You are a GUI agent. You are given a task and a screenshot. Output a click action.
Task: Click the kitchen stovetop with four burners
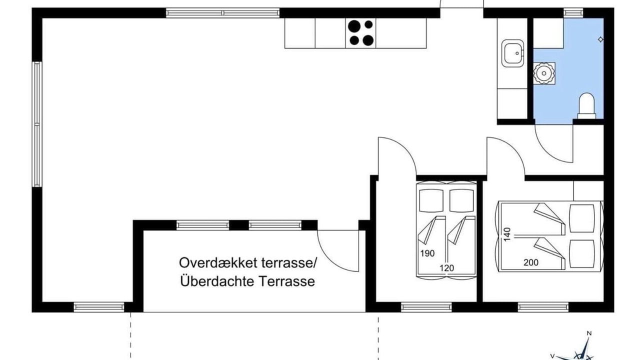(360, 33)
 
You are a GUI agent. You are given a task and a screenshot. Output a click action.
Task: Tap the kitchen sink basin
(512, 53)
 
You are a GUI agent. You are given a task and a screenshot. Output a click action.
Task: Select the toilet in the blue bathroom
(586, 105)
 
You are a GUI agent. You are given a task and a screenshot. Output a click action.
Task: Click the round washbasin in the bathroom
(544, 73)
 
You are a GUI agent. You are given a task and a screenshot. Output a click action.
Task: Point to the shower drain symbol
(600, 39)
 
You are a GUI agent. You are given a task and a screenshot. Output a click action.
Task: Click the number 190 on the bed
(427, 253)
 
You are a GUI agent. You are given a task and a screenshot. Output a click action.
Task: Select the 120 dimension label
(446, 268)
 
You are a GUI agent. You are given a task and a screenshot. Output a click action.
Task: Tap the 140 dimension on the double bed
(507, 234)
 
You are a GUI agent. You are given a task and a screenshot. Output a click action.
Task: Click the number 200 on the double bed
(531, 262)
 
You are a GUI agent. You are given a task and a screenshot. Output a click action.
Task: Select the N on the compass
(589, 333)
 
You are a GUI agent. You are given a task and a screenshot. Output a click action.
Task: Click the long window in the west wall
(37, 124)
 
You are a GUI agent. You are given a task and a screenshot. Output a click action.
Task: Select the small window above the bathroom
(573, 13)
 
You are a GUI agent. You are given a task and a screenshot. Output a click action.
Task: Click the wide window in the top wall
(223, 13)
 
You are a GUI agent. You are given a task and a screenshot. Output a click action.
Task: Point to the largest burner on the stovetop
(354, 26)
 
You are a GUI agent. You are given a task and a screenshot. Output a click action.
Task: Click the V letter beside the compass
(552, 356)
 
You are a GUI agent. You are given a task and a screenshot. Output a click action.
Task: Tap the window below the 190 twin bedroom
(426, 307)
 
